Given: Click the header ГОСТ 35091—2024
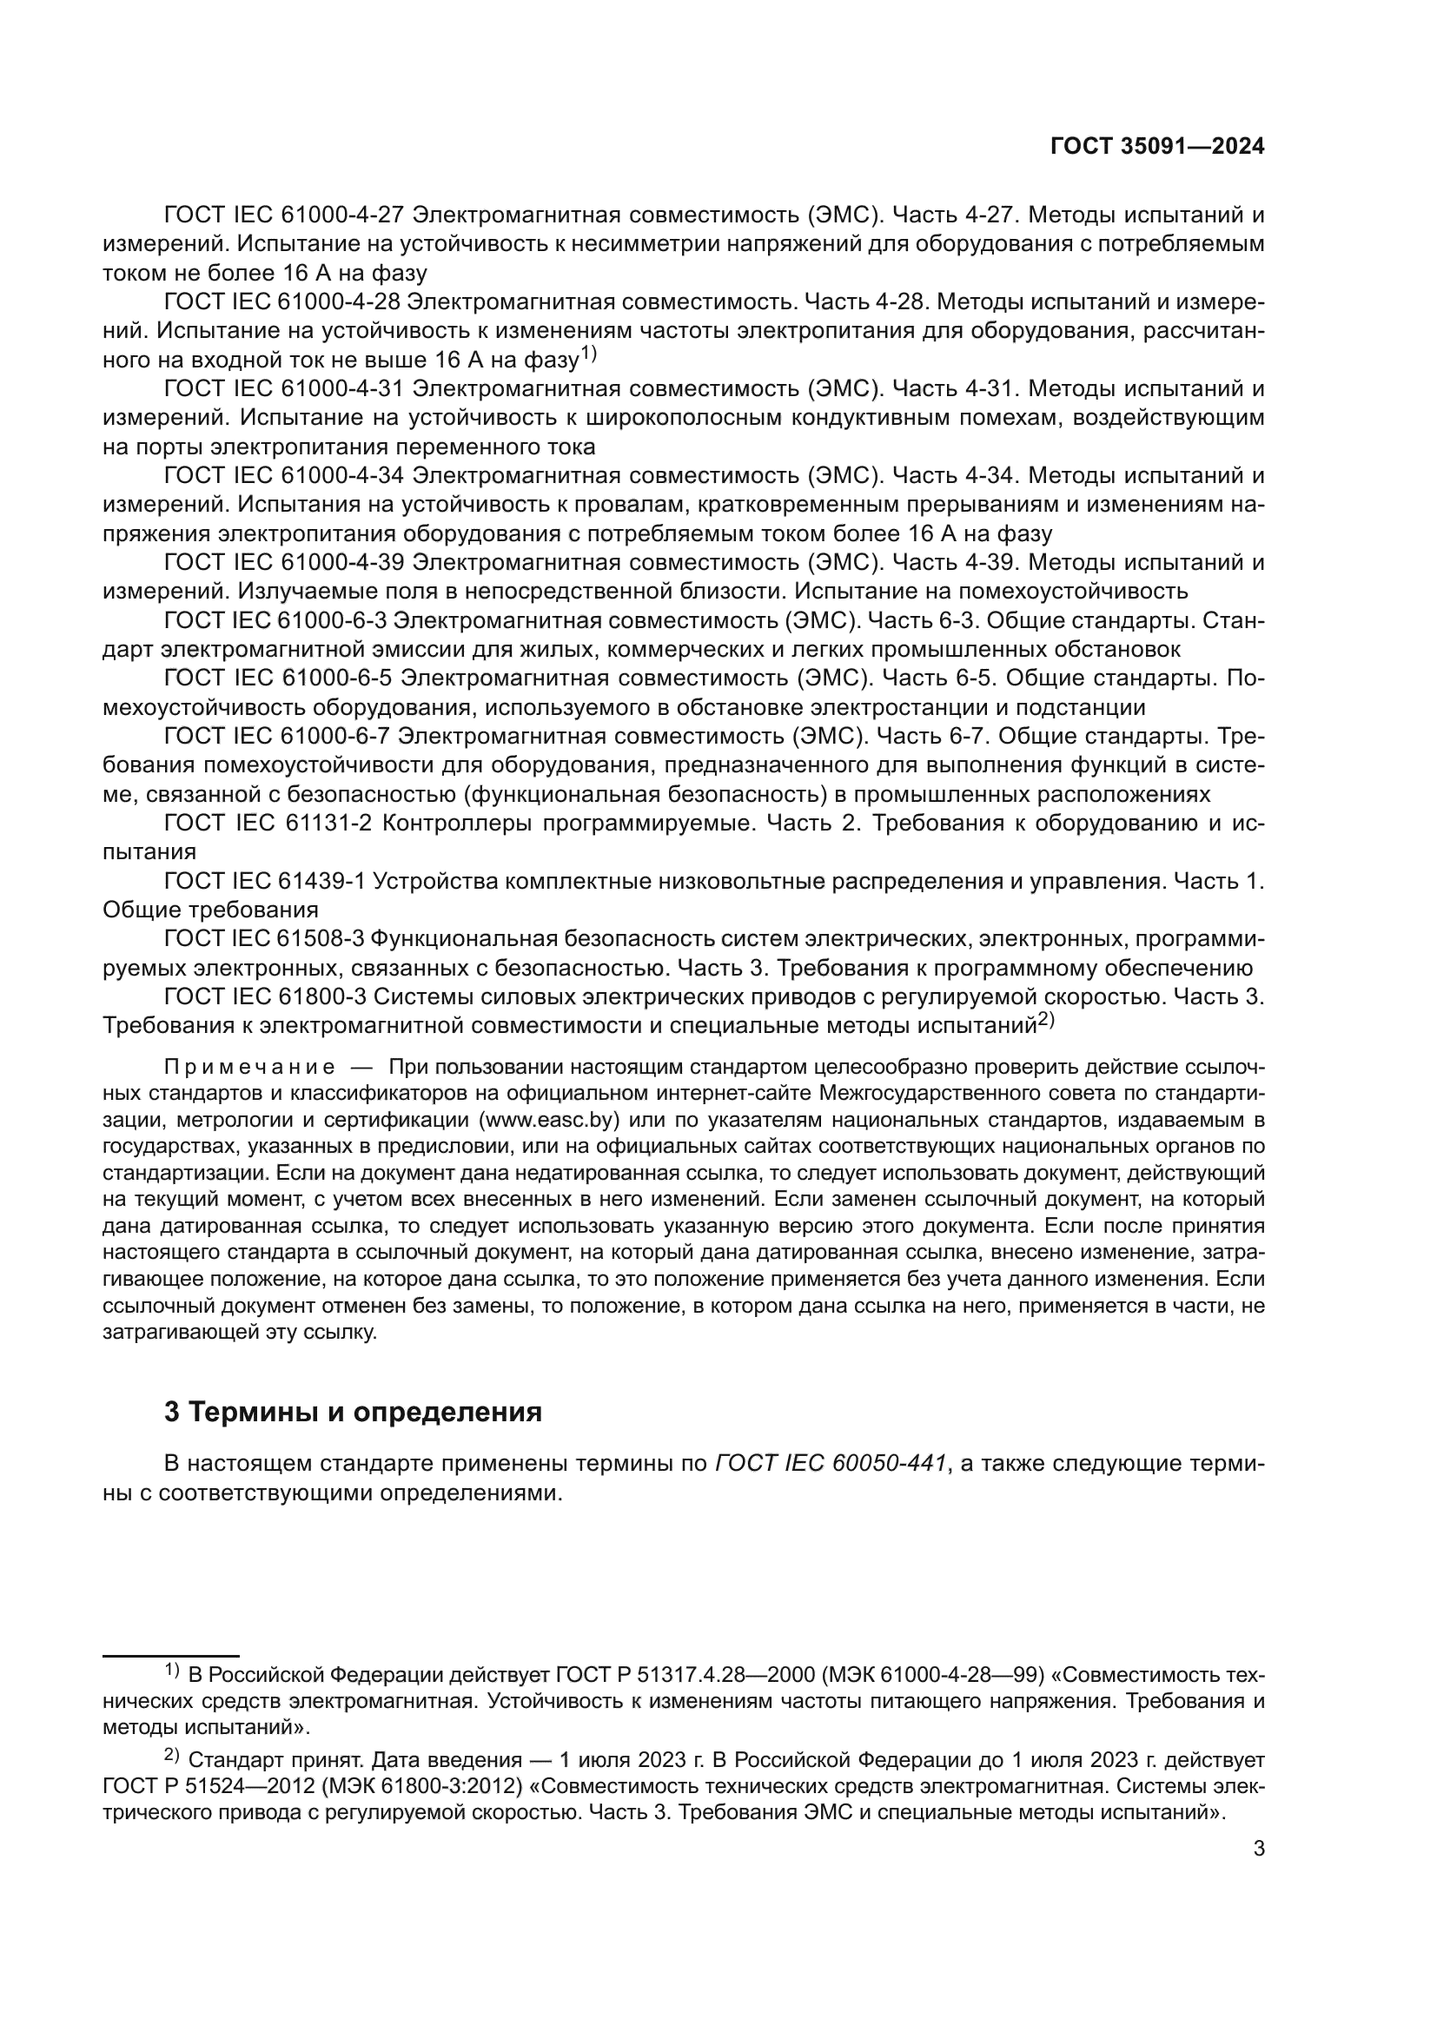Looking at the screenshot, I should click(1156, 147).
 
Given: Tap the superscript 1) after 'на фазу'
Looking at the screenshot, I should click(589, 355).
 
